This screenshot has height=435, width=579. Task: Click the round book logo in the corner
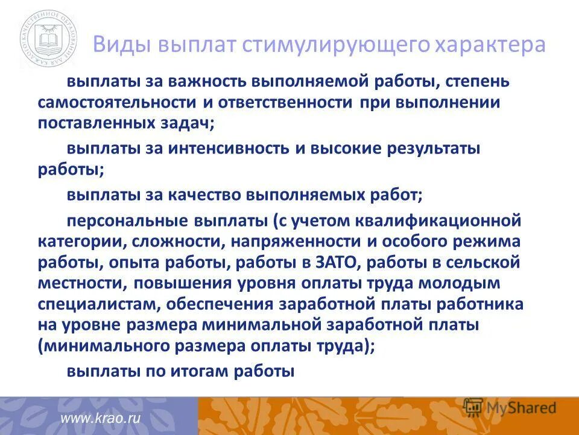click(48, 41)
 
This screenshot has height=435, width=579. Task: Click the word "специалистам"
click(100, 304)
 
